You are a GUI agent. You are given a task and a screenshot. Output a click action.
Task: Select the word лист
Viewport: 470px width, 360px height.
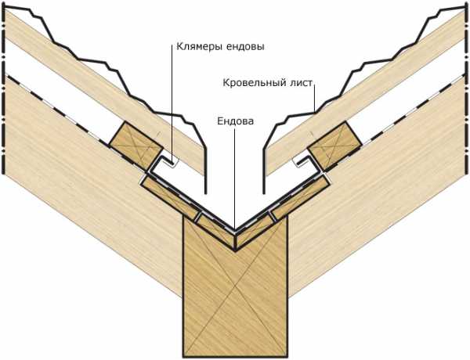(x=302, y=83)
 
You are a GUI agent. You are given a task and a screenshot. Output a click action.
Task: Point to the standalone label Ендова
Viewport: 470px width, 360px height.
(x=235, y=121)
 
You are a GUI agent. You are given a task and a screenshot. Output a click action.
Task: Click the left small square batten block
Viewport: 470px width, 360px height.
(x=136, y=146)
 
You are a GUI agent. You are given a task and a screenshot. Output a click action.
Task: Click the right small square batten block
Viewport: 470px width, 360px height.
(x=334, y=146)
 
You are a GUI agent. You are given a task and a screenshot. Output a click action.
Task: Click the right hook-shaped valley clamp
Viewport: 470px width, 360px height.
(x=309, y=164)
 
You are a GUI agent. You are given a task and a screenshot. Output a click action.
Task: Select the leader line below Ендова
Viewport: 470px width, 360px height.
(x=235, y=179)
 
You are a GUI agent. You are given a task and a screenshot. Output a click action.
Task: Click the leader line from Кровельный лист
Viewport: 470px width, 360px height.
(x=314, y=99)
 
